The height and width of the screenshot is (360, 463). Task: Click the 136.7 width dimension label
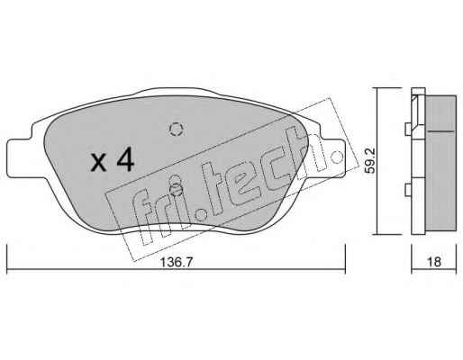coord(176,262)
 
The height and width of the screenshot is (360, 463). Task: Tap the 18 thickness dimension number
coord(434,262)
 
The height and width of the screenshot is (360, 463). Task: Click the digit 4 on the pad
coord(125,160)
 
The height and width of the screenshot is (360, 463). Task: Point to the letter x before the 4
coord(99,164)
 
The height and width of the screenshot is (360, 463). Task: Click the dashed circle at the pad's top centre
coord(177,130)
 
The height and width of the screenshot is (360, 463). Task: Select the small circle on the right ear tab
coord(337,157)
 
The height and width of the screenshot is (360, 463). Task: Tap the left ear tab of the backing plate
coord(20,158)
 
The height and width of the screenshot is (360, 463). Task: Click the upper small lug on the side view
coord(408,130)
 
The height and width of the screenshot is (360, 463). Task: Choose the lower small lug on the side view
coord(408,190)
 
